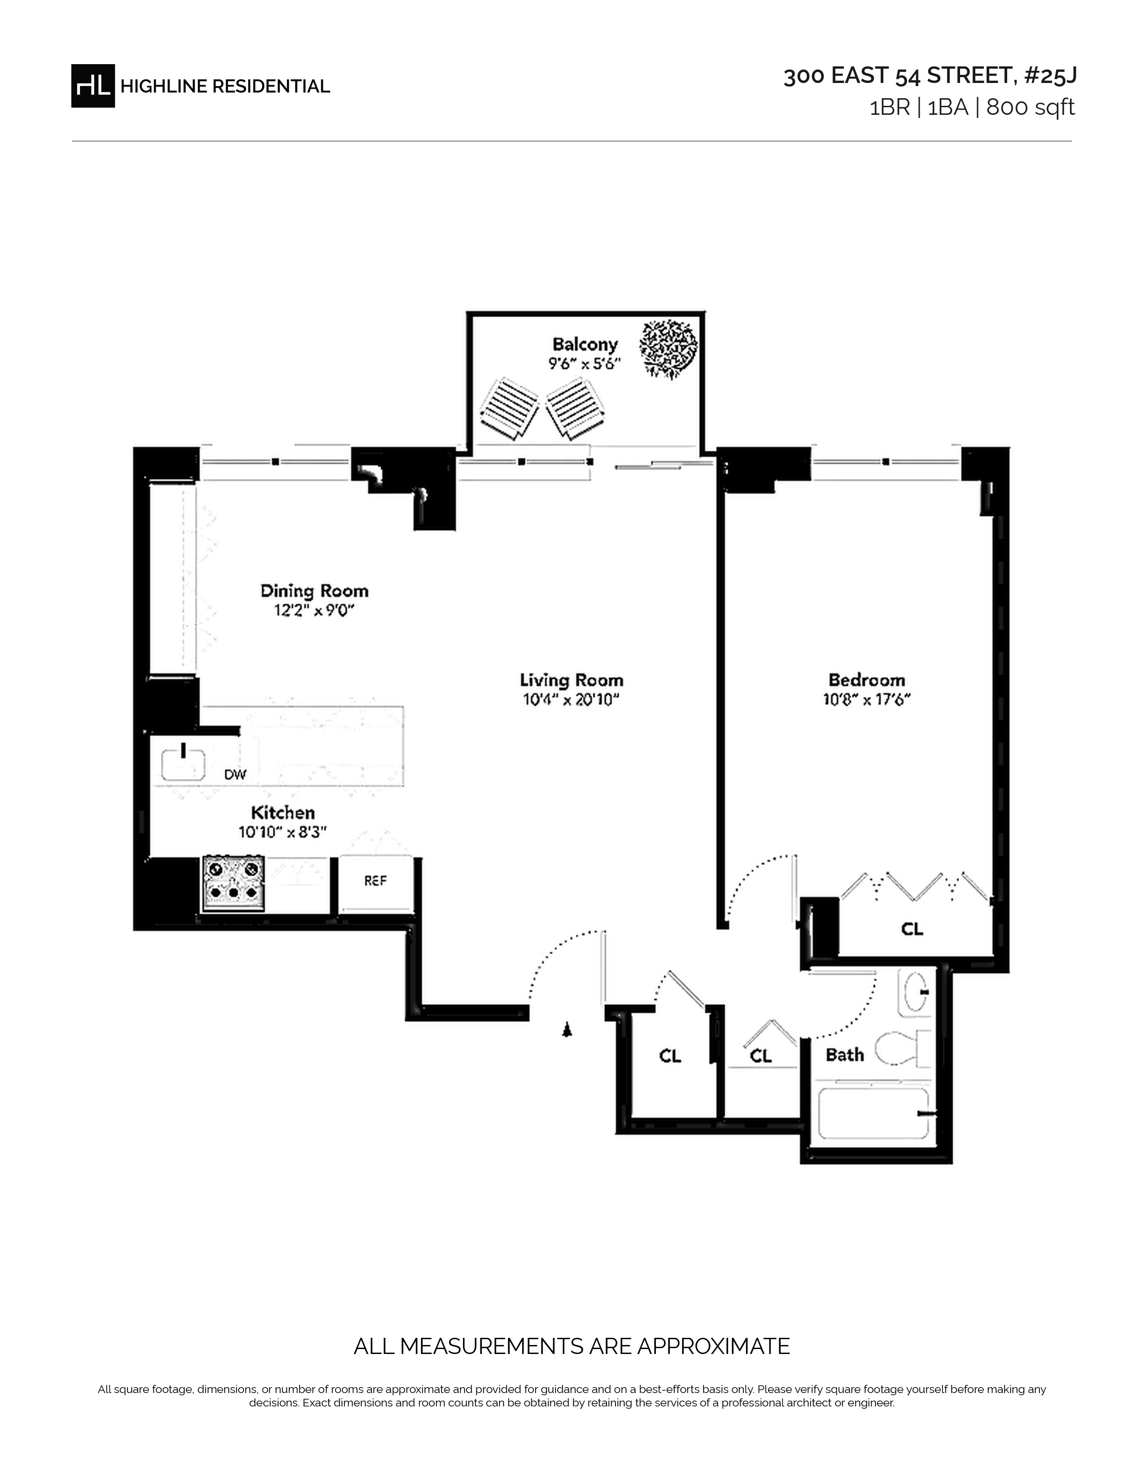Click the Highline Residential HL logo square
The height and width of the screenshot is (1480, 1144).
coord(93,85)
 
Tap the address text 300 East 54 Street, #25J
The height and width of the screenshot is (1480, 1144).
coord(930,76)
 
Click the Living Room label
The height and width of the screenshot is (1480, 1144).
coord(571,680)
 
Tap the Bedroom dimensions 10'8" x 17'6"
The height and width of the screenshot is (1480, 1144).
coord(867,699)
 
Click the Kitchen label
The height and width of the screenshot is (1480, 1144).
coord(283,813)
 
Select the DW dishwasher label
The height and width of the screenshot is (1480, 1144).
coord(235,775)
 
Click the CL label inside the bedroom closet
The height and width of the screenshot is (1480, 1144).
coord(912,929)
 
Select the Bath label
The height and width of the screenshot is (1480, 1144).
coord(844,1055)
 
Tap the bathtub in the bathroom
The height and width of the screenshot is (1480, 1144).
coord(873,1114)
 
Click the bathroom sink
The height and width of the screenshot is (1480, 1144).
coord(914,993)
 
